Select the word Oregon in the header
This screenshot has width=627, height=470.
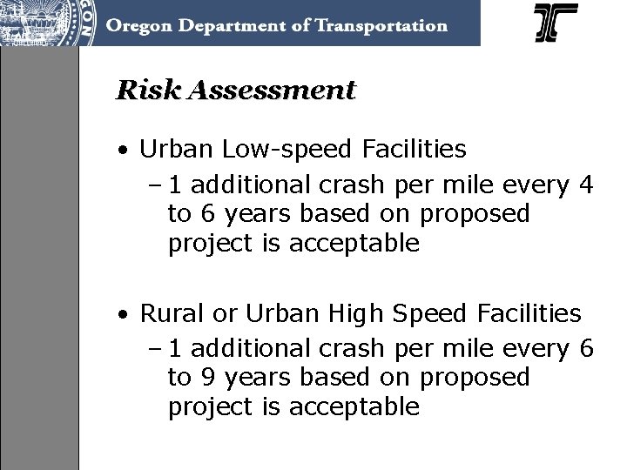(x=138, y=25)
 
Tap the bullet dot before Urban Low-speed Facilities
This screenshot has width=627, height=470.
(x=126, y=151)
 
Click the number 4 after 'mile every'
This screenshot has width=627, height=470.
(x=586, y=184)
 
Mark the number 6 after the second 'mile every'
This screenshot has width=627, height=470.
(x=586, y=348)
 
